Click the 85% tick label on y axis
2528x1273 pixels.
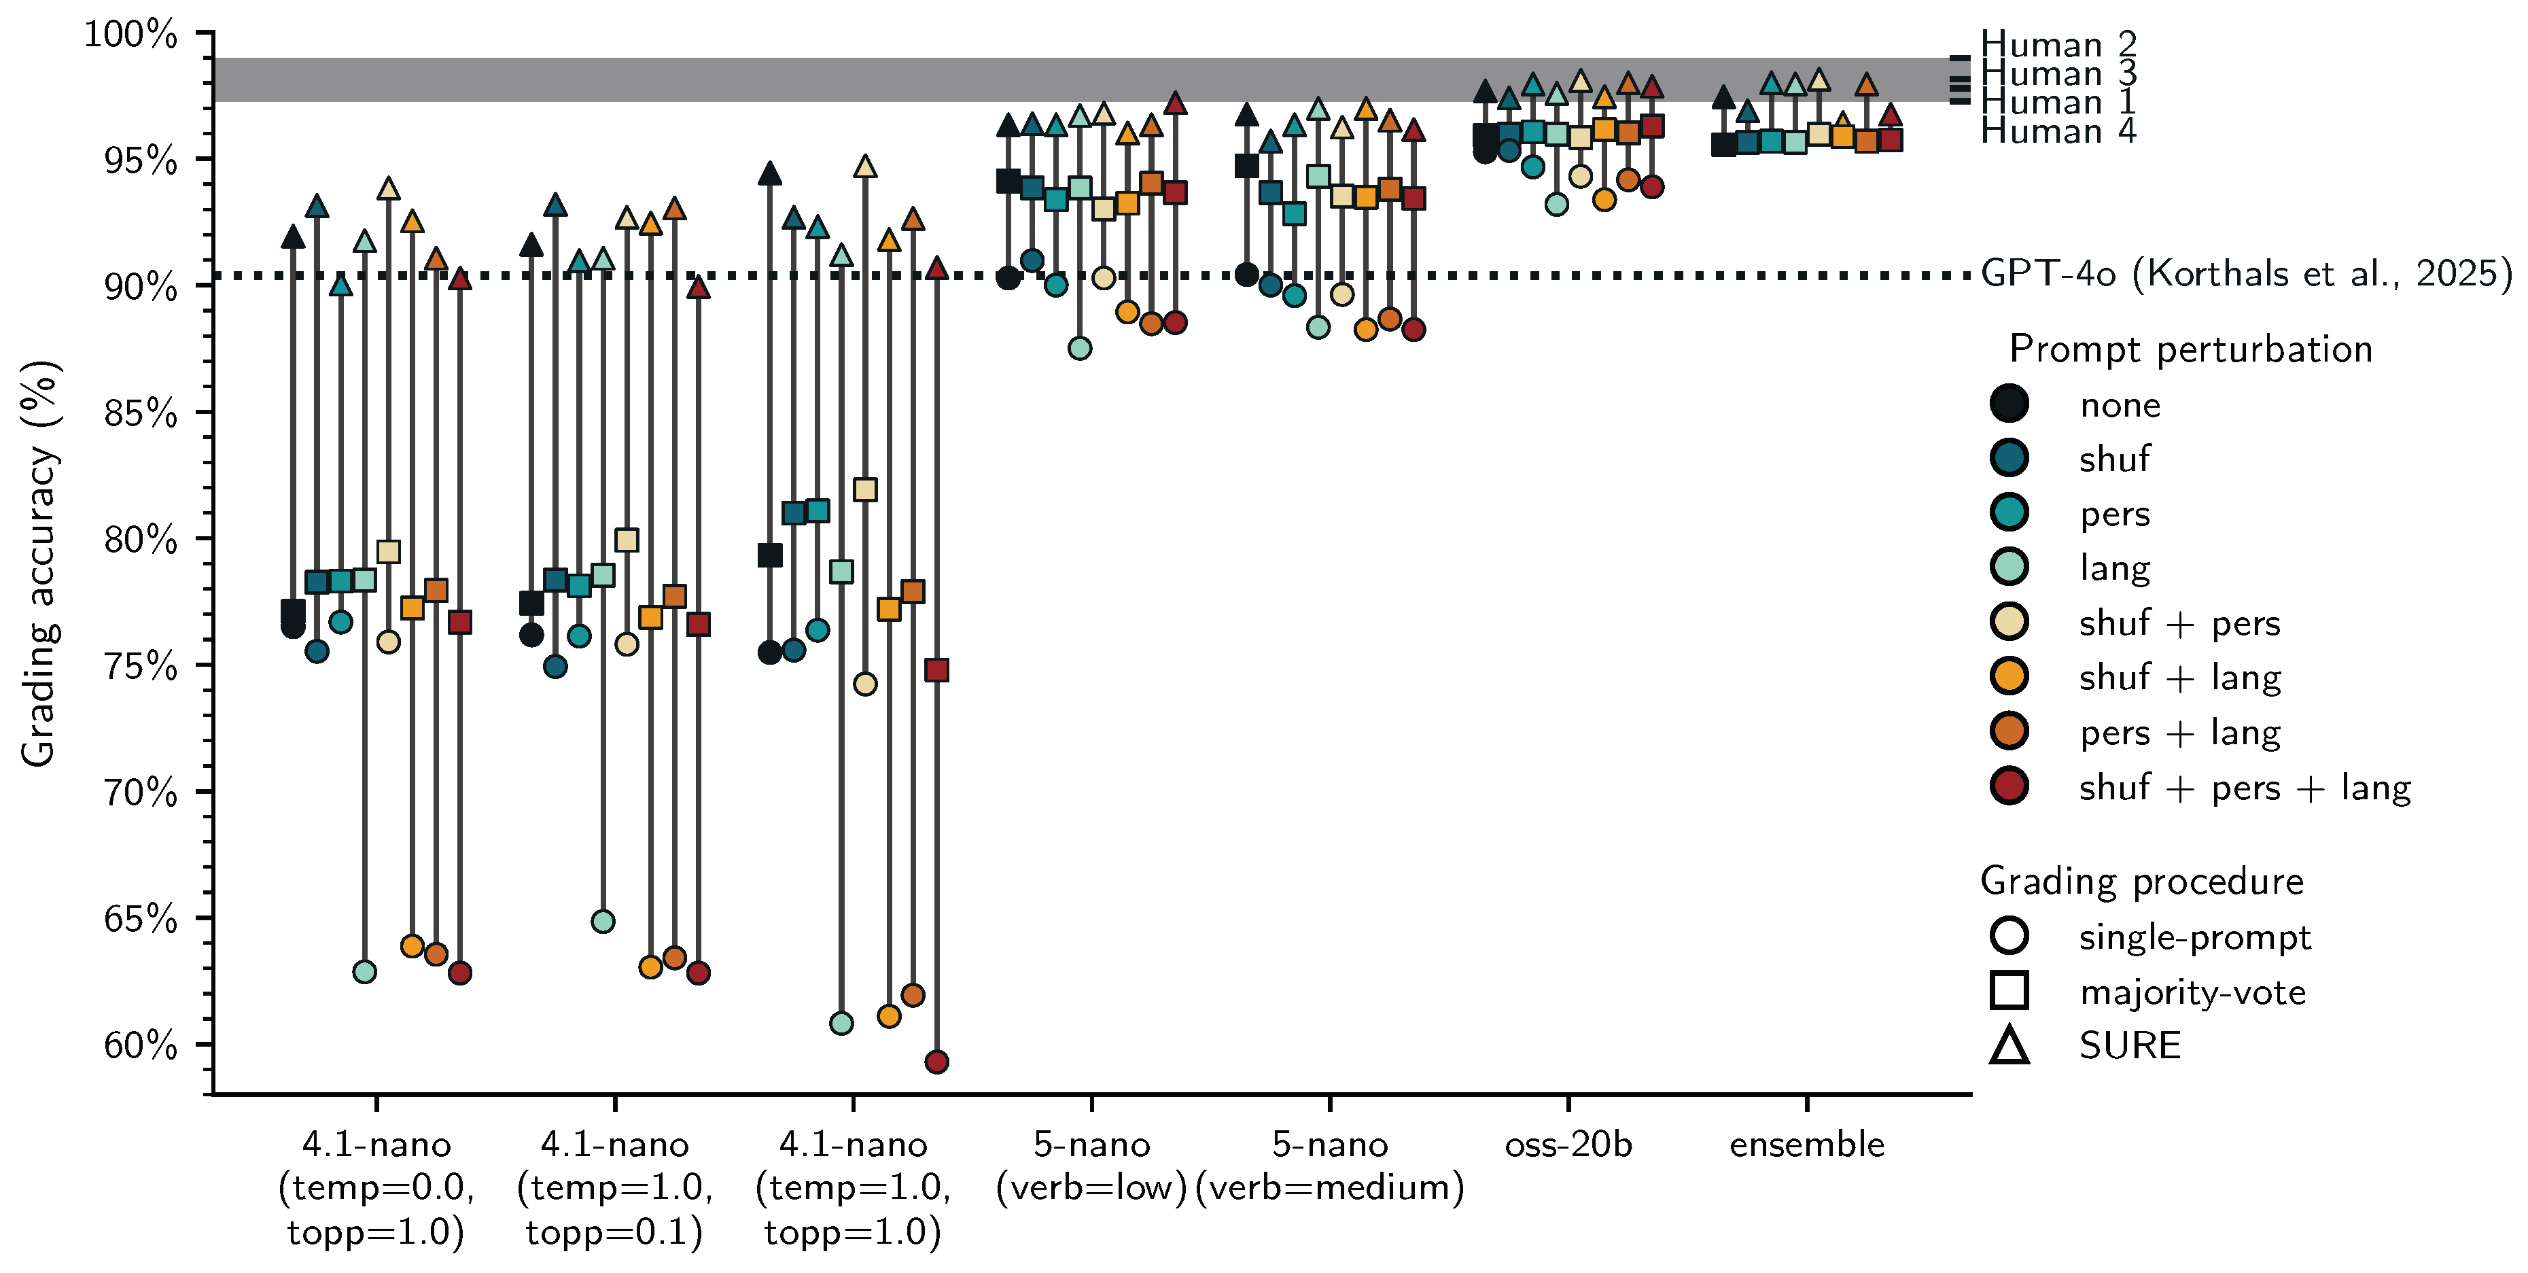(x=141, y=413)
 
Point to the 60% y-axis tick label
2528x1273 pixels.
(x=141, y=1045)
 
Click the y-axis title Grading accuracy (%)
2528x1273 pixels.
(x=40, y=564)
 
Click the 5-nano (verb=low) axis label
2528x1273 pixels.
(x=1091, y=1166)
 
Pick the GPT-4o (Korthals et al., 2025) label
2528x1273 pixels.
(x=2245, y=274)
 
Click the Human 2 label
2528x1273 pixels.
(x=2058, y=44)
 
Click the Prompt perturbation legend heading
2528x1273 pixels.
(x=2190, y=349)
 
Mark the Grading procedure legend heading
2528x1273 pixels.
(x=2141, y=882)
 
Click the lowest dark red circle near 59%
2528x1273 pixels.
(x=936, y=1061)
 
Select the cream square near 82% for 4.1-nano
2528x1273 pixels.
(x=864, y=489)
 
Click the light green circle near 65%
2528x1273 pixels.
(x=603, y=921)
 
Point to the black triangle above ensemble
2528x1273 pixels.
(x=1723, y=97)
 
